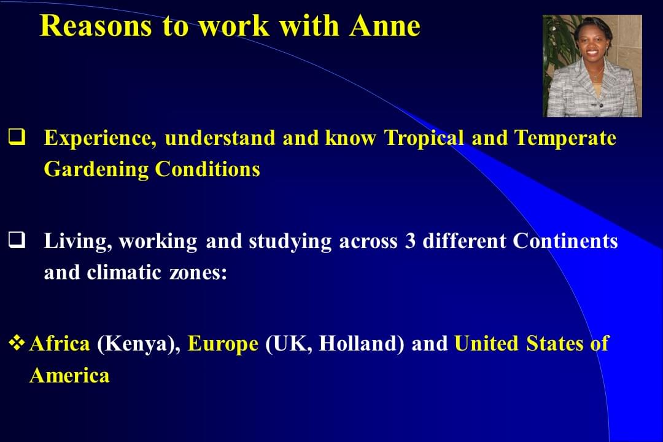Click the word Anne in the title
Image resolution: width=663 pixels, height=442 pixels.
point(385,26)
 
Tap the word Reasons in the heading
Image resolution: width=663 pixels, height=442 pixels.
point(96,26)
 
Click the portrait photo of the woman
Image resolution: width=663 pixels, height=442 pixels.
point(592,66)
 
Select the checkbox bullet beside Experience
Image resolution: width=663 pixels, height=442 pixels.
point(17,137)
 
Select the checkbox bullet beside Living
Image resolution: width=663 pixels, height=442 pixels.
point(17,240)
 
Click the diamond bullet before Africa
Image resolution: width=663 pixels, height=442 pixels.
point(17,343)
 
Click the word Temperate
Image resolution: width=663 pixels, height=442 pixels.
point(565,138)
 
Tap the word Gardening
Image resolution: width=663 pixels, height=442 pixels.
point(96,170)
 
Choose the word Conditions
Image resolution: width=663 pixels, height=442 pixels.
point(207,169)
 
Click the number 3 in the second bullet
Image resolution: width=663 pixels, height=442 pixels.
point(410,241)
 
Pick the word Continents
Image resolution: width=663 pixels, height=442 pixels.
point(565,241)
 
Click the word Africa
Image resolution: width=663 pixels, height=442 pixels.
point(60,343)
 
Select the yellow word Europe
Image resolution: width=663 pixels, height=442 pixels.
point(223,344)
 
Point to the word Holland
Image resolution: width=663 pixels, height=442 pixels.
point(362,343)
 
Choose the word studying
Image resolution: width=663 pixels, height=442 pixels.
point(290,242)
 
